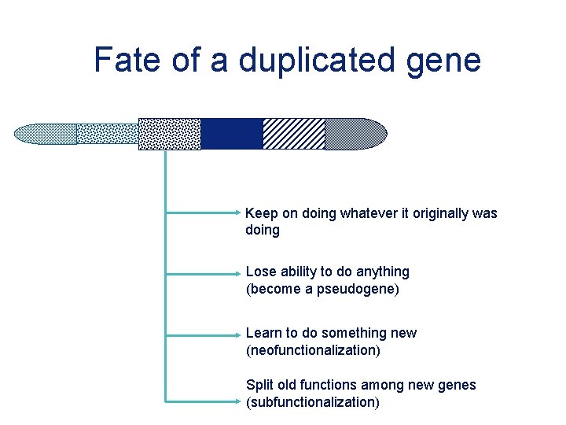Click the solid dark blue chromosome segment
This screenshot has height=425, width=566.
click(x=231, y=134)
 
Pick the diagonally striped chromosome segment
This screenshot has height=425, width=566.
click(x=293, y=134)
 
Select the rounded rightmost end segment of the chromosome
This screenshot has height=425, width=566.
click(x=355, y=134)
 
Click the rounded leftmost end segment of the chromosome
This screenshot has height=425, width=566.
click(x=45, y=134)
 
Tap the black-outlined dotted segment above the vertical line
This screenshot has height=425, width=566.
click(x=169, y=134)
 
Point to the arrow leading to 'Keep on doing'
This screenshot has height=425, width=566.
click(x=204, y=213)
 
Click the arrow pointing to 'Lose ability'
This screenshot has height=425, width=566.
click(x=204, y=275)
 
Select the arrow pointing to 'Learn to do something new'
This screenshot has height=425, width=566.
click(x=204, y=336)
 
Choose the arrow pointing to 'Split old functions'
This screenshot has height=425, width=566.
click(x=204, y=400)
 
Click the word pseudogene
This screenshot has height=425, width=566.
click(x=356, y=289)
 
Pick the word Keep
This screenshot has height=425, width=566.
click(x=260, y=213)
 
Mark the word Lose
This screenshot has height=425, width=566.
click(x=261, y=272)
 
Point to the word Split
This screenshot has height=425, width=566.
click(x=260, y=385)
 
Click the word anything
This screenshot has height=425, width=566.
click(x=381, y=272)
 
